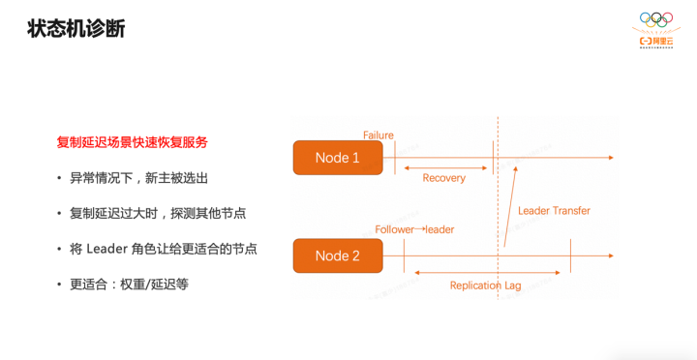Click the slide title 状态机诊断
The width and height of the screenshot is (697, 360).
pos(76,29)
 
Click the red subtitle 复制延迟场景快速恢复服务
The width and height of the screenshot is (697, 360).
pos(133,142)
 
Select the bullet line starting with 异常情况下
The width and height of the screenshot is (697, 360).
pos(138,178)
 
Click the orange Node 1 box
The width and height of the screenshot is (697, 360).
pos(337,158)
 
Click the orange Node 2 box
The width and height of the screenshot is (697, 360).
pos(337,255)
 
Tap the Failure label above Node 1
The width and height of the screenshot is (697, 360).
pos(379,135)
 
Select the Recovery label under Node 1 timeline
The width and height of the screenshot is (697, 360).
pos(444,178)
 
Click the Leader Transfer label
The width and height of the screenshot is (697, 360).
pos(554,210)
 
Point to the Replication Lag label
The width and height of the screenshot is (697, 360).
pos(486,285)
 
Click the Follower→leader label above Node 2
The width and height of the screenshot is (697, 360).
pos(414,229)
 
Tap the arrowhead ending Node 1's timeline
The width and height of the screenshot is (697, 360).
pos(610,157)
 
